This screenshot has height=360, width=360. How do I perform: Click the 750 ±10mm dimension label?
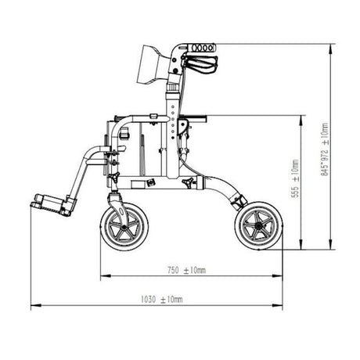(x=186, y=270)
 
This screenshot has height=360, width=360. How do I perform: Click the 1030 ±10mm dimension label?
(x=162, y=300)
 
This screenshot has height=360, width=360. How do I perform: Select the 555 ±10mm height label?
(x=295, y=178)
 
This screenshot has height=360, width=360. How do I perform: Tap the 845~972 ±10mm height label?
(x=325, y=149)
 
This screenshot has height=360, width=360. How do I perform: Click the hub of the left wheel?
(x=124, y=228)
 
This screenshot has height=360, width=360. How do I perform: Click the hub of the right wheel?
(x=258, y=226)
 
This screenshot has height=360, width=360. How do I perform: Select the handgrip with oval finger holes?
(x=201, y=48)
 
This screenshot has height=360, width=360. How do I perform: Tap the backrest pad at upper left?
(x=153, y=65)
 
